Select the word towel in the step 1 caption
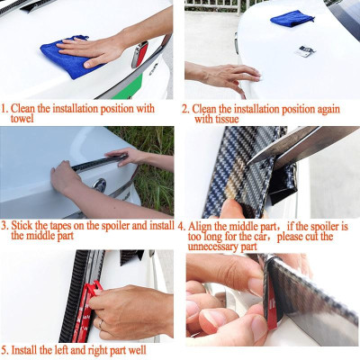(x=22, y=120)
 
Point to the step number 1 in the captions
(x=4, y=109)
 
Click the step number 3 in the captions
(x=4, y=225)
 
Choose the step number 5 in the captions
(x=4, y=347)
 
